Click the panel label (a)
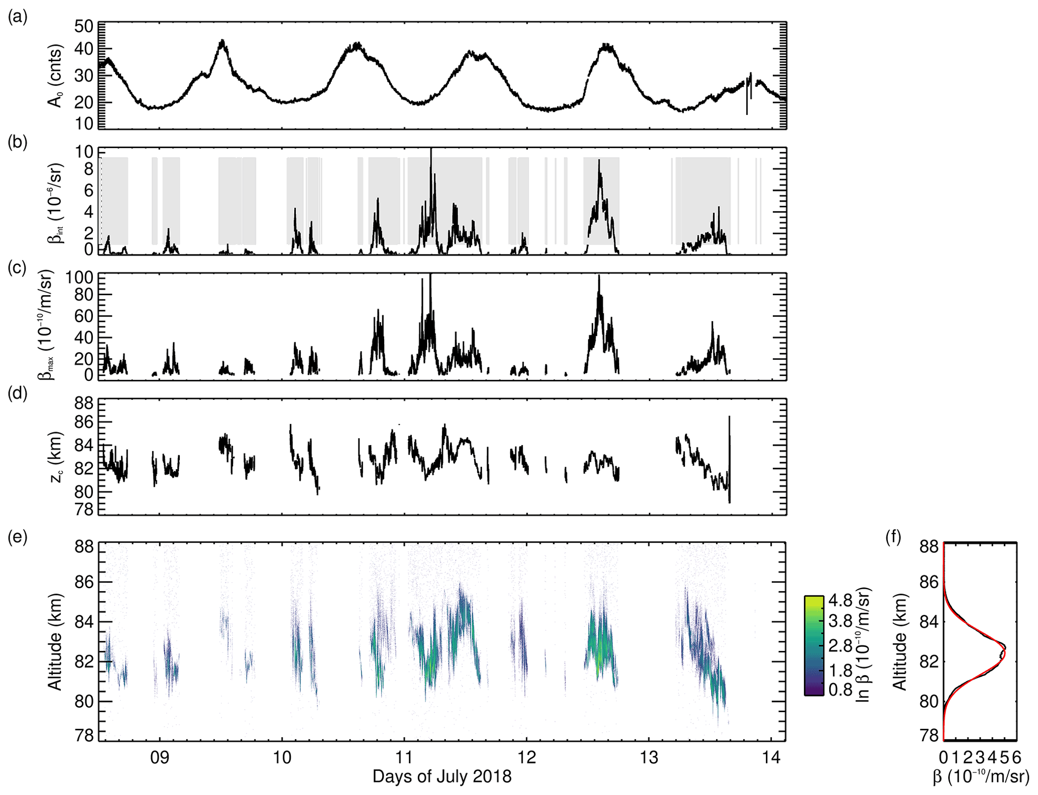pyautogui.click(x=18, y=18)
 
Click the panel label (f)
pyautogui.click(x=893, y=538)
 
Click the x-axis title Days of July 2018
pyautogui.click(x=442, y=776)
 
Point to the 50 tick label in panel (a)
pyautogui.click(x=84, y=26)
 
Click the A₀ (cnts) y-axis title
pyautogui.click(x=56, y=76)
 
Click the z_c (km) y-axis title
pyautogui.click(x=56, y=457)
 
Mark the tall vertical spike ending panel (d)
pyautogui.click(x=730, y=452)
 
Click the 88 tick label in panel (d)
pyautogui.click(x=84, y=404)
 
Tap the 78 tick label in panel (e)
pyautogui.click(x=84, y=736)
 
